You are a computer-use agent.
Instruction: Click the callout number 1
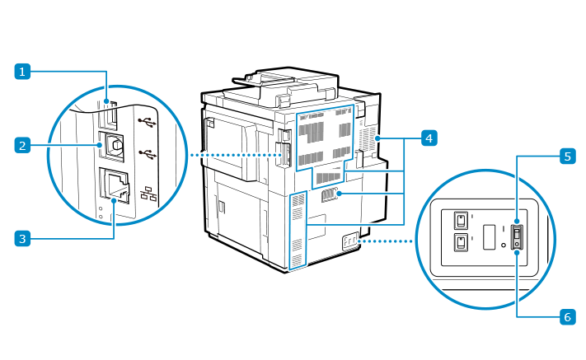point(25,72)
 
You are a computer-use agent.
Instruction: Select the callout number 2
point(25,146)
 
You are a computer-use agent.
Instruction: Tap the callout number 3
point(25,239)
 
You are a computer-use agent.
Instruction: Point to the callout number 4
point(428,138)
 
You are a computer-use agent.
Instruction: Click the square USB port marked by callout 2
point(113,145)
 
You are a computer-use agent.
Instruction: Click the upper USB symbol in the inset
point(147,122)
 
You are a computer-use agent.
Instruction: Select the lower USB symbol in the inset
point(147,153)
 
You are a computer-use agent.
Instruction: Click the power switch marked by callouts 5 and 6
point(517,238)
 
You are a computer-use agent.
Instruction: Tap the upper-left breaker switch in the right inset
point(460,220)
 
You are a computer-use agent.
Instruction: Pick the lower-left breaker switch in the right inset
point(460,243)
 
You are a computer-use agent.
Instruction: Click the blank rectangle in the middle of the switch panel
point(488,237)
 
